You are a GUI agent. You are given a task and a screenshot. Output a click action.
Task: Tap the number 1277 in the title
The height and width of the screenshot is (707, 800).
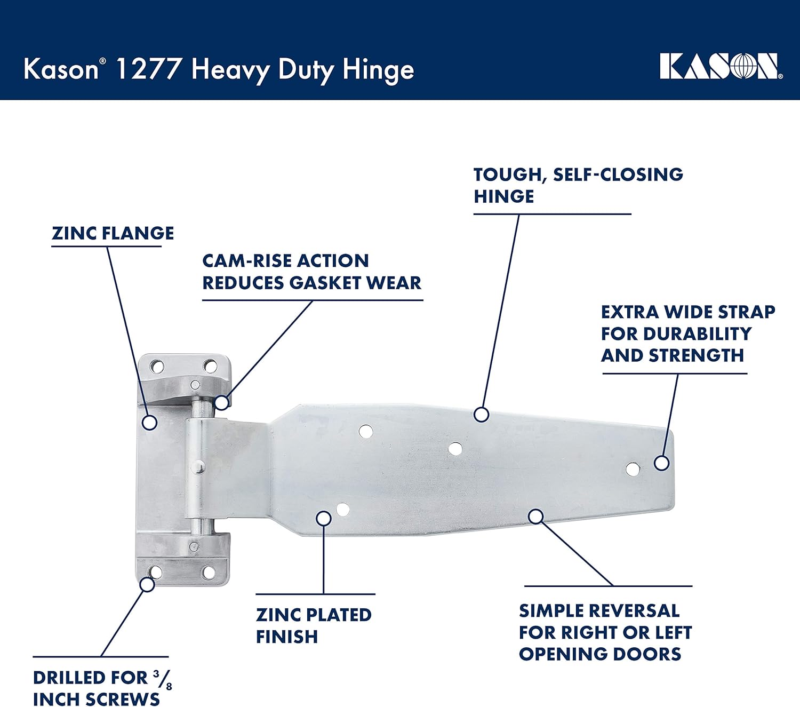tap(148, 70)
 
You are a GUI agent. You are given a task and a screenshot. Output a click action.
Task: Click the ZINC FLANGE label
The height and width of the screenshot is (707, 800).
tap(113, 233)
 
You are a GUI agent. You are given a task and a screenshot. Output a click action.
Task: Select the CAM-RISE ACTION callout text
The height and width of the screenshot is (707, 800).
tap(285, 261)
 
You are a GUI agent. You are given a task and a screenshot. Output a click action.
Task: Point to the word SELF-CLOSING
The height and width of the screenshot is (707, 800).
tap(618, 174)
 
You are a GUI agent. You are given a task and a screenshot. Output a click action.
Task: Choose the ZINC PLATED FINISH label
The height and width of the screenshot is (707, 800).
tap(313, 625)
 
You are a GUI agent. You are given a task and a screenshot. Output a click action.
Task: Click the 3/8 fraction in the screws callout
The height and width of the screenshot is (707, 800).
tap(163, 679)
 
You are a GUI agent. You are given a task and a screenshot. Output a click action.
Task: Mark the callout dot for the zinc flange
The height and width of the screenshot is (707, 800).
tap(150, 423)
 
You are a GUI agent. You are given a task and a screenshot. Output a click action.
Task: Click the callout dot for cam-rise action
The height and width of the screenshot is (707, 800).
tap(222, 402)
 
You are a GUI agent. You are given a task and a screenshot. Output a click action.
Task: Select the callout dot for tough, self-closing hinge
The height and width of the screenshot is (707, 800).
tap(481, 415)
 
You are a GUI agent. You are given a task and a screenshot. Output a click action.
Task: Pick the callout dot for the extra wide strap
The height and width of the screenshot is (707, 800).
tap(661, 463)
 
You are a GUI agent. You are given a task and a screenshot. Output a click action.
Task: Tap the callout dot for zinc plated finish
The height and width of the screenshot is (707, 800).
tap(324, 518)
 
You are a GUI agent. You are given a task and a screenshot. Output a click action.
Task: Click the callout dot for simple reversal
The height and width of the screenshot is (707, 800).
tap(536, 516)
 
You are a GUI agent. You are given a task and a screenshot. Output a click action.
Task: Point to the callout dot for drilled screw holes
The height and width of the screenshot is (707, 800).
tap(147, 584)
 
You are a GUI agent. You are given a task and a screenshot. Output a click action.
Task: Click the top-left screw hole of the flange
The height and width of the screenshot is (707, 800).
tap(157, 367)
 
